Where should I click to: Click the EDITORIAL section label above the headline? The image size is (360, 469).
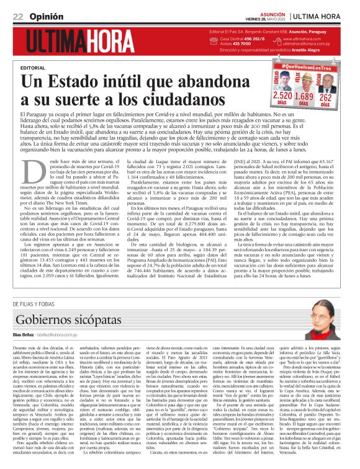click(x=33, y=67)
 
